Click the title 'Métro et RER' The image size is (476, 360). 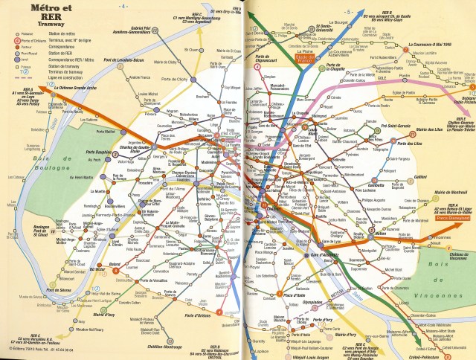pyautogui.click(x=29, y=13)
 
